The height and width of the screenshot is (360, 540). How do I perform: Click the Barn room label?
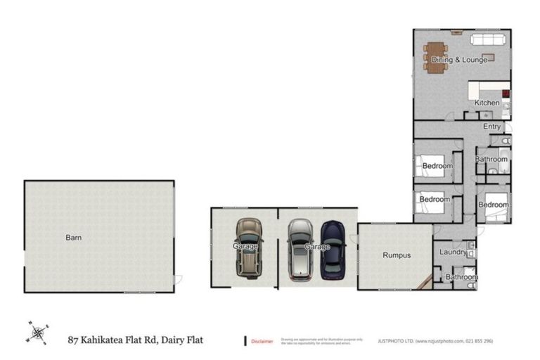click(74, 238)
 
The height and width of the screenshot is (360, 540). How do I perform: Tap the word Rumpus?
click(397, 255)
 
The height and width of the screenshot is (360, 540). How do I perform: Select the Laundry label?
click(454, 252)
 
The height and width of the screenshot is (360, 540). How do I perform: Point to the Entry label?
click(492, 127)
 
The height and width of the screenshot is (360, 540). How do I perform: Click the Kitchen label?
click(487, 103)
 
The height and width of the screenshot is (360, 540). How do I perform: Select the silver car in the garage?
click(300, 249)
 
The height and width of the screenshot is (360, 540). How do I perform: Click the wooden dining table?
click(436, 58)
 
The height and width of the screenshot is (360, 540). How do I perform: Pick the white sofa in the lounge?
click(487, 39)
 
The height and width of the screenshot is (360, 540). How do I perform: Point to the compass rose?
click(38, 332)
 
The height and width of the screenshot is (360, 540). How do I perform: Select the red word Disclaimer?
click(262, 341)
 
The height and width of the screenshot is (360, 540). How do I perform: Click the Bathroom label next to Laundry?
click(461, 277)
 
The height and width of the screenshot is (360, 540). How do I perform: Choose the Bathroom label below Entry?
click(491, 160)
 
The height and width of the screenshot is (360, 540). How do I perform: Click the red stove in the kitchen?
click(505, 93)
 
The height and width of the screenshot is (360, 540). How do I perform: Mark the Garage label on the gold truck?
click(245, 247)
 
